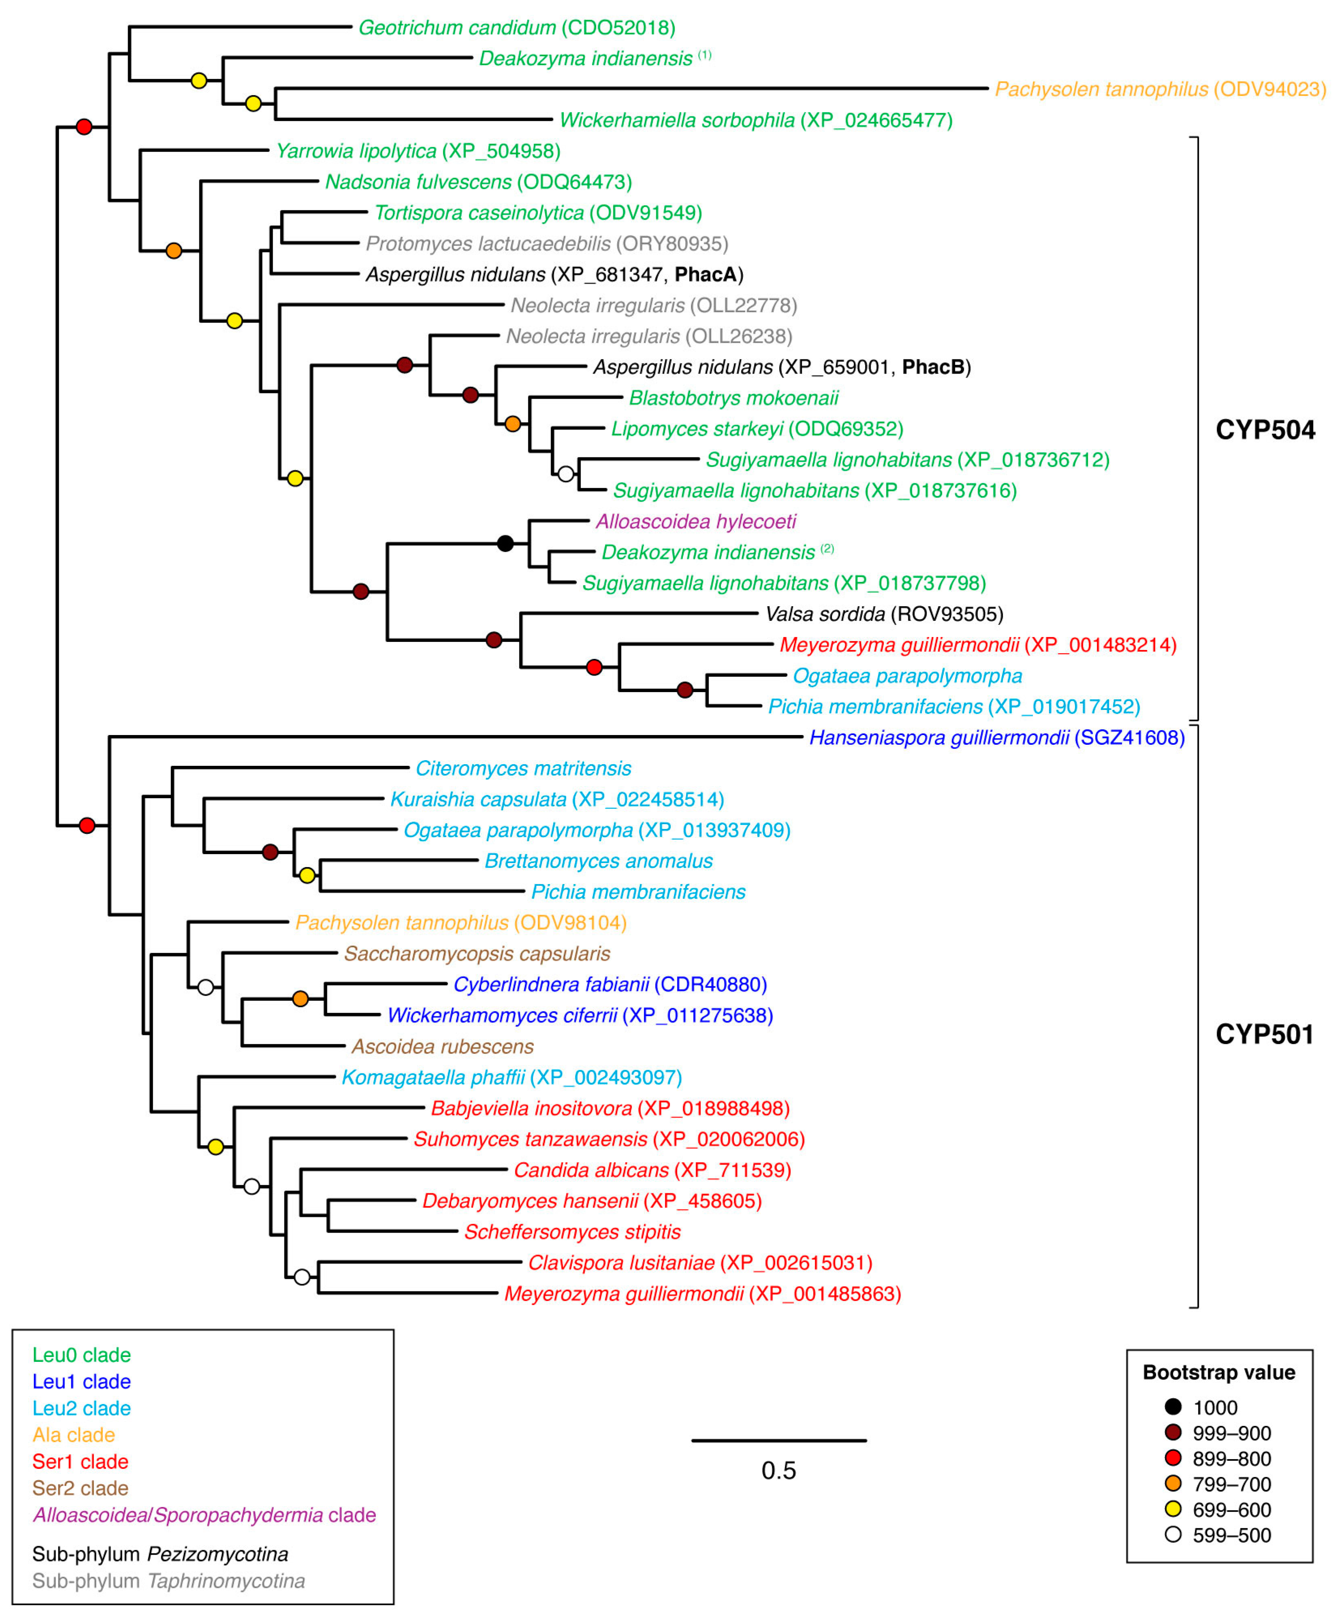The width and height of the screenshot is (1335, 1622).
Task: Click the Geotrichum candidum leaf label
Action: click(x=517, y=28)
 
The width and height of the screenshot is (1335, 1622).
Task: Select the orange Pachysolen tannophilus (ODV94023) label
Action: click(x=1160, y=89)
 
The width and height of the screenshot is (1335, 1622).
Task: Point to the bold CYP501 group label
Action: click(x=1264, y=1034)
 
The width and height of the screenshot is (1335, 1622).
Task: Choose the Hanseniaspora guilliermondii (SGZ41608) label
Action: click(x=997, y=737)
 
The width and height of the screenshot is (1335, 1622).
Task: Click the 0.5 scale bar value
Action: click(x=778, y=1470)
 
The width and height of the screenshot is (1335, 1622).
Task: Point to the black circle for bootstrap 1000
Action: click(x=1173, y=1407)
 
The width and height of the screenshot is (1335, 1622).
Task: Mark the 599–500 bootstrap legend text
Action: click(x=1231, y=1534)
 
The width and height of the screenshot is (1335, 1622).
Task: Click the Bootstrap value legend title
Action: click(x=1219, y=1372)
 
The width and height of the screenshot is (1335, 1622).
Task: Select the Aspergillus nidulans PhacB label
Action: click(x=781, y=367)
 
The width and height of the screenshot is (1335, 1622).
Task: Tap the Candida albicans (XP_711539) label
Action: click(x=652, y=1170)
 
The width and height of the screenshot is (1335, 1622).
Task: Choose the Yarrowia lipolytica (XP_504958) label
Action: click(x=418, y=151)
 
